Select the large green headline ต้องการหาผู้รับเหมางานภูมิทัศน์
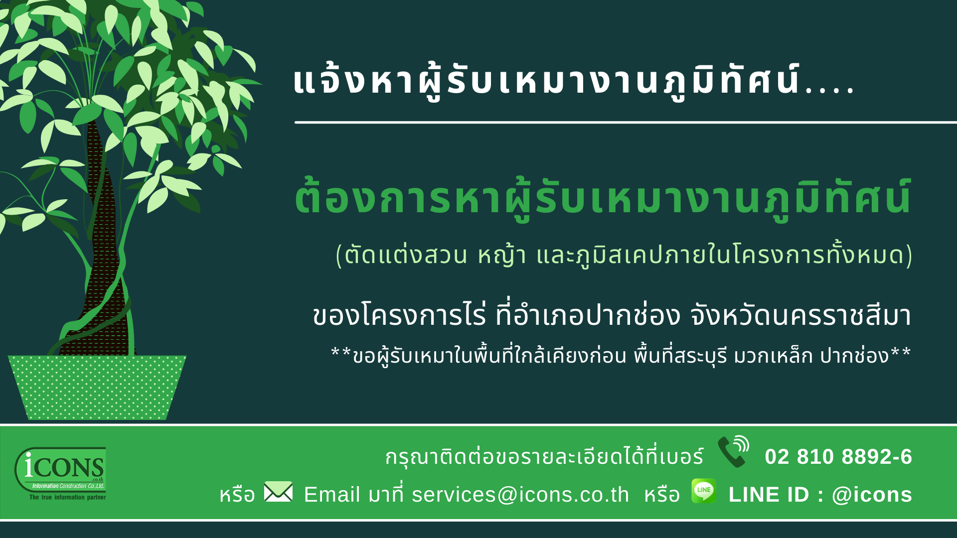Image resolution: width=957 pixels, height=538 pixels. point(603,198)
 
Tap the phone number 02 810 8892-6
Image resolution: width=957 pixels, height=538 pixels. point(838,457)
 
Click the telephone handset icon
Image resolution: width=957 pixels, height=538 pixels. point(733,452)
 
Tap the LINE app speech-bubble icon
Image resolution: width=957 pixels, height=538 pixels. point(704,491)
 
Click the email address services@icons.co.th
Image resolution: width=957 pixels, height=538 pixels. point(520,495)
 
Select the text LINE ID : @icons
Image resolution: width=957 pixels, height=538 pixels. point(820,495)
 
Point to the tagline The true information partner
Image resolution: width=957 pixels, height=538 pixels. point(68,497)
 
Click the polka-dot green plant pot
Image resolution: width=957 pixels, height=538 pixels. point(97,388)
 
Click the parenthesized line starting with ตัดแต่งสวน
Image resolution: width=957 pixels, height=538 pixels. point(624,255)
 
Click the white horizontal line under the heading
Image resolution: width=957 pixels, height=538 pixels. point(626,122)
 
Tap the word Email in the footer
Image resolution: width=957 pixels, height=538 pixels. point(332,495)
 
